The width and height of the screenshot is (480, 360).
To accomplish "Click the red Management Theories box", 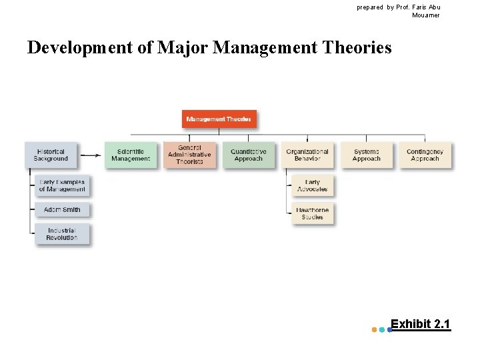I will click(x=219, y=119).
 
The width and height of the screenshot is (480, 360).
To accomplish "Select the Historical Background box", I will click(x=51, y=155).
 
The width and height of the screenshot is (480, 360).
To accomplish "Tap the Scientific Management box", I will click(x=131, y=155).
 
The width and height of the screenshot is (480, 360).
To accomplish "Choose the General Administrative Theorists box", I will click(x=189, y=155).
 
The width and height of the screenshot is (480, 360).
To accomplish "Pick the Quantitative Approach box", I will click(x=249, y=155).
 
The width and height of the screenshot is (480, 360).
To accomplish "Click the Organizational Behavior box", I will click(x=307, y=155).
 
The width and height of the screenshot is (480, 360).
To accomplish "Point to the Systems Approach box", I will click(x=366, y=155).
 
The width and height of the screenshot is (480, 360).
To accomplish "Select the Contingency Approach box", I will click(x=425, y=155).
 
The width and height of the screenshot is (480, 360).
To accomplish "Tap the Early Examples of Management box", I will click(x=62, y=186).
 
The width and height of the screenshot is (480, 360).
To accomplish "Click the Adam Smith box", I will click(x=62, y=210).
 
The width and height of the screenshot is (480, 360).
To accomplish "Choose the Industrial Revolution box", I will click(x=62, y=235).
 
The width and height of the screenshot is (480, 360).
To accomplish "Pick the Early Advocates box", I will click(x=312, y=186).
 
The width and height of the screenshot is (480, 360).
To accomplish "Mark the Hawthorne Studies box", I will click(x=312, y=214).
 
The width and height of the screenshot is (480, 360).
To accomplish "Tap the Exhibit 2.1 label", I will click(x=420, y=325).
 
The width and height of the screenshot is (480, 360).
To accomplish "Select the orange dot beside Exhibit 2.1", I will click(x=373, y=329).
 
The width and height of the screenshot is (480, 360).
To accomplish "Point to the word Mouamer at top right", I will click(x=425, y=15).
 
